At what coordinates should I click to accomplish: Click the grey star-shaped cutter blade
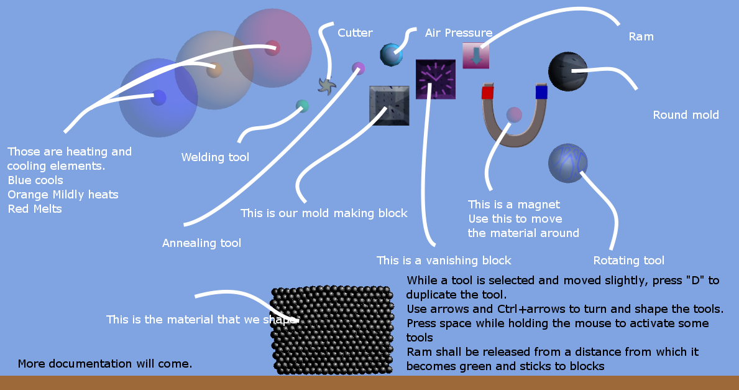[x=326, y=86]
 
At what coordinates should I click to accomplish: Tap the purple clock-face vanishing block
[x=436, y=79]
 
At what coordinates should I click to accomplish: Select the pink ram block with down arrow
[x=475, y=55]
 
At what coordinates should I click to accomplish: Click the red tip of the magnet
[x=487, y=91]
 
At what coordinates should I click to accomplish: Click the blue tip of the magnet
[x=541, y=91]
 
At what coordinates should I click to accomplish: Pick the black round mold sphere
[x=568, y=72]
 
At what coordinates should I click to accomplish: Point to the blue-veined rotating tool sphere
[x=568, y=163]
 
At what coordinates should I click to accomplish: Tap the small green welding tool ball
[x=302, y=106]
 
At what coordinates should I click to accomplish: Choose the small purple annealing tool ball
[x=358, y=68]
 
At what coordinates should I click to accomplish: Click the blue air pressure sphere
[x=391, y=55]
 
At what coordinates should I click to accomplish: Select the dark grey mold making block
[x=389, y=106]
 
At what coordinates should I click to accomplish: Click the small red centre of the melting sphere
[x=272, y=48]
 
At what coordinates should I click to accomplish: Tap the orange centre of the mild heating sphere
[x=214, y=70]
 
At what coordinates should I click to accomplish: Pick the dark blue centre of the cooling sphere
[x=158, y=98]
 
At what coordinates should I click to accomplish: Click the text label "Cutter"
[x=356, y=33]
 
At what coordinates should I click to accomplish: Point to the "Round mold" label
[x=686, y=115]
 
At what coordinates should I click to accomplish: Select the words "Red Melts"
[x=35, y=209]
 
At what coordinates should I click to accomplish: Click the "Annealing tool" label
[x=202, y=243]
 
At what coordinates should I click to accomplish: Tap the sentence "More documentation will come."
[x=105, y=364]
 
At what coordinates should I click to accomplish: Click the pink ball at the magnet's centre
[x=514, y=114]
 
